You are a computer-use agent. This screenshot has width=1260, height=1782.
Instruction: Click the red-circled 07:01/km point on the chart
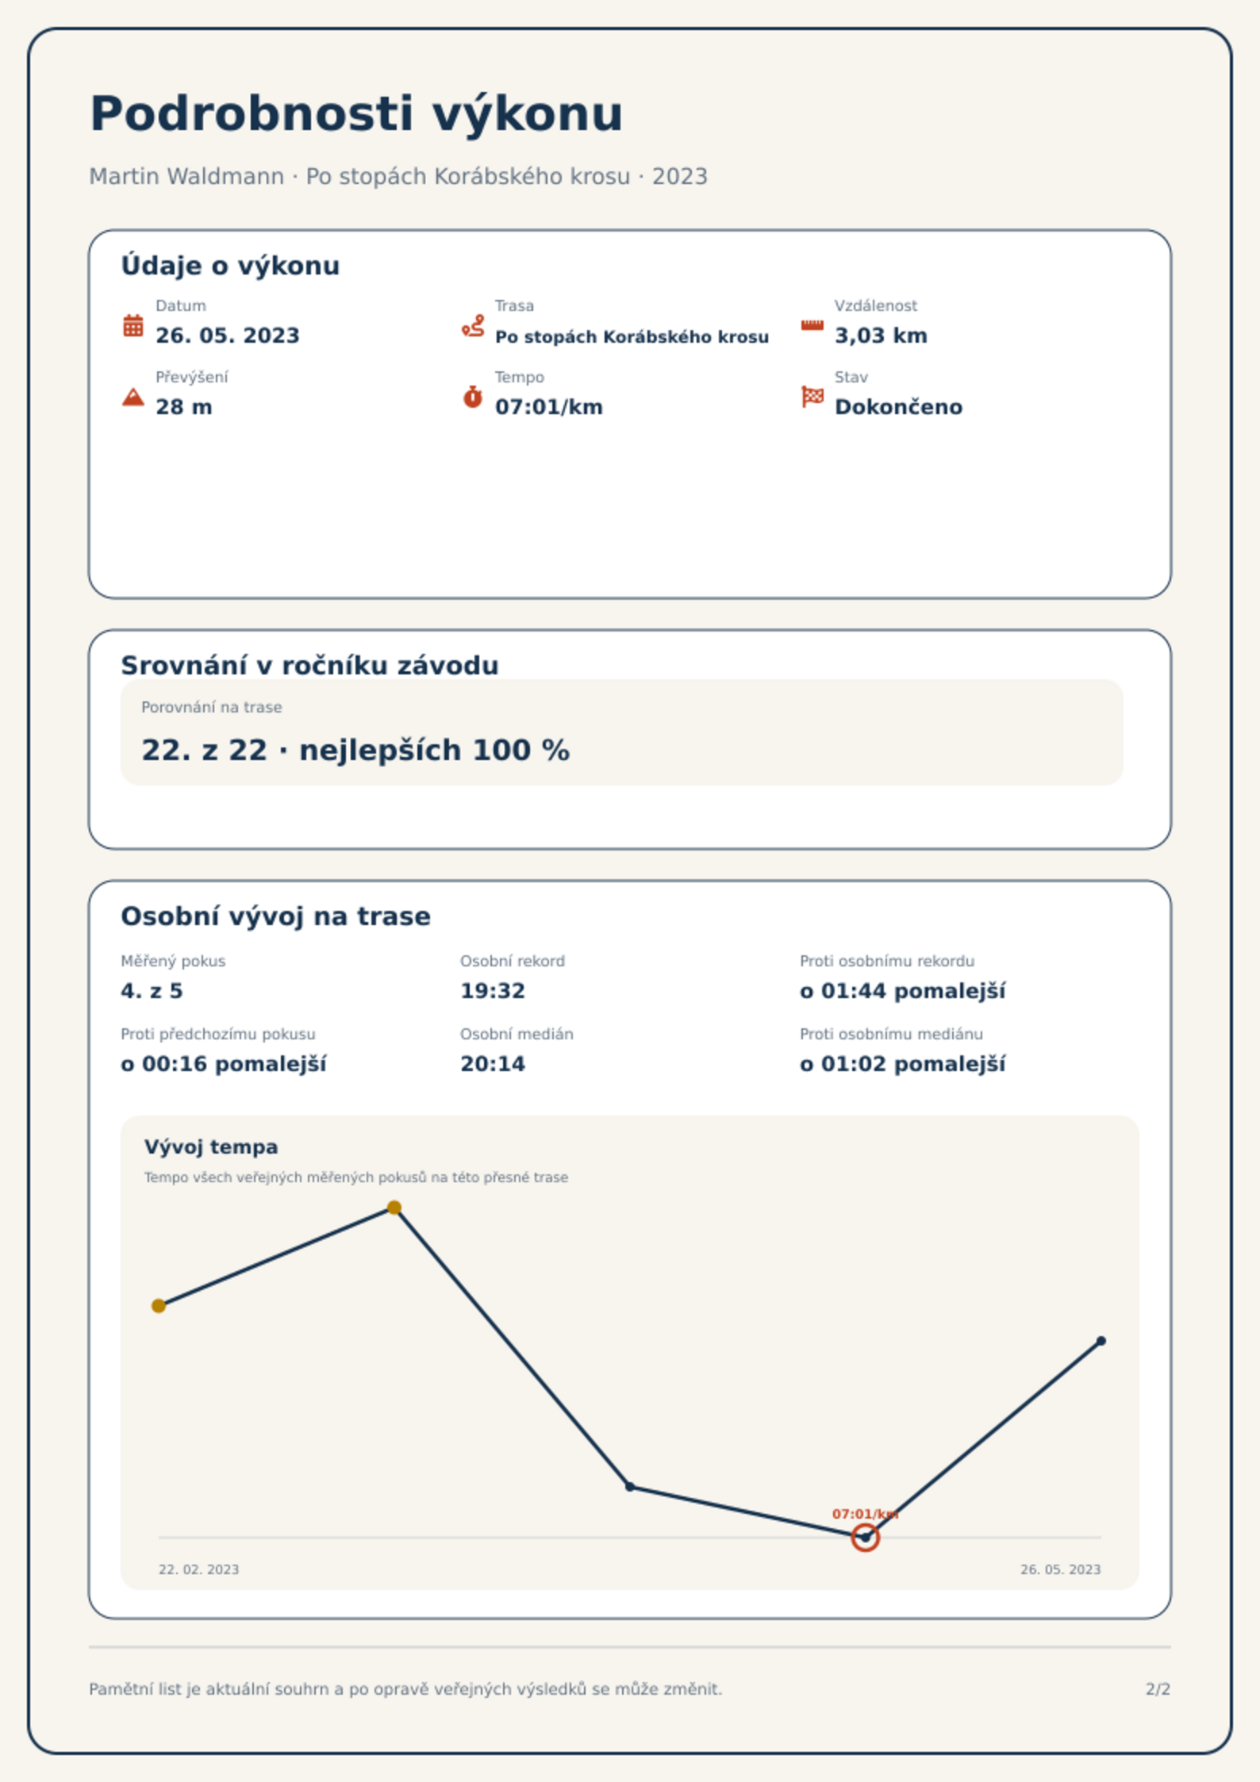(865, 1538)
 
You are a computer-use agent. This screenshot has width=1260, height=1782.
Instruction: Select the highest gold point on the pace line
(394, 1208)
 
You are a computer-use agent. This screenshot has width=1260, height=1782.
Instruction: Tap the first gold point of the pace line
(159, 1306)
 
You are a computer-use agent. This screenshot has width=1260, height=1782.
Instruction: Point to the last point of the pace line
(1101, 1341)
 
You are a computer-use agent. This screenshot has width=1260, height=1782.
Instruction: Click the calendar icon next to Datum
(133, 325)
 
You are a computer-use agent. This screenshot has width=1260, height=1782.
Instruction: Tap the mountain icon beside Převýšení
(133, 397)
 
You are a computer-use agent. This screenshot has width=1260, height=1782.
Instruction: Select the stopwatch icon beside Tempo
(473, 397)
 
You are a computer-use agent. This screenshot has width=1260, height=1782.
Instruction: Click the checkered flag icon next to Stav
(812, 396)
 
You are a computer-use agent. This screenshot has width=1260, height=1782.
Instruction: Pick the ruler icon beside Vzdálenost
(812, 325)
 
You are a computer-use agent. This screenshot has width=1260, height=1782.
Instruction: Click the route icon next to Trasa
(473, 325)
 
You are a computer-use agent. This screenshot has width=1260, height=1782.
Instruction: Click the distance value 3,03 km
(881, 336)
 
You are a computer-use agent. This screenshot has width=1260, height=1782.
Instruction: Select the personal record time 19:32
(493, 991)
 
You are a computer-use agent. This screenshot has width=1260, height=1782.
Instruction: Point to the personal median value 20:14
(493, 1064)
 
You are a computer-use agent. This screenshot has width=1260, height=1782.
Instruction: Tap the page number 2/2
(1158, 1689)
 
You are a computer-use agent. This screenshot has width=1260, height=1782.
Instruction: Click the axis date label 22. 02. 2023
(198, 1569)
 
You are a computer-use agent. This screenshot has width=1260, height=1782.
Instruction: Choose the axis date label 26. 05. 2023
(1060, 1569)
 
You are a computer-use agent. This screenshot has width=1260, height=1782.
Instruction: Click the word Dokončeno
(898, 407)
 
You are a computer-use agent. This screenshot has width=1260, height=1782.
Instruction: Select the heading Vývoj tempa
(211, 1147)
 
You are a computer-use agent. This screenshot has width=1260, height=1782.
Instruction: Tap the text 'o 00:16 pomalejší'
(223, 1064)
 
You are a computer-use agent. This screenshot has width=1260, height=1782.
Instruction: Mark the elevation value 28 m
(183, 407)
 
